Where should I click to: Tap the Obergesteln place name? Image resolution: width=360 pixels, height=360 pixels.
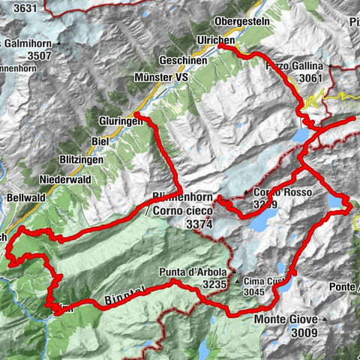[241, 21]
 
